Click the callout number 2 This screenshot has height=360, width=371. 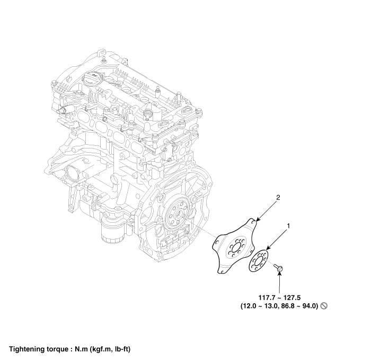[x=278, y=198]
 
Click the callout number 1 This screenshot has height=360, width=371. [x=288, y=226]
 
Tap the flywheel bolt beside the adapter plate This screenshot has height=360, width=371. [x=278, y=268]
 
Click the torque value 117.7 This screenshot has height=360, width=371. [x=267, y=297]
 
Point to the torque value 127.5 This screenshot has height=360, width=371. [x=292, y=297]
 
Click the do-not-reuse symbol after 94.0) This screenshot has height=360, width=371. [x=324, y=306]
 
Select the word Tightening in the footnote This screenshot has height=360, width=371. [x=24, y=349]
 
